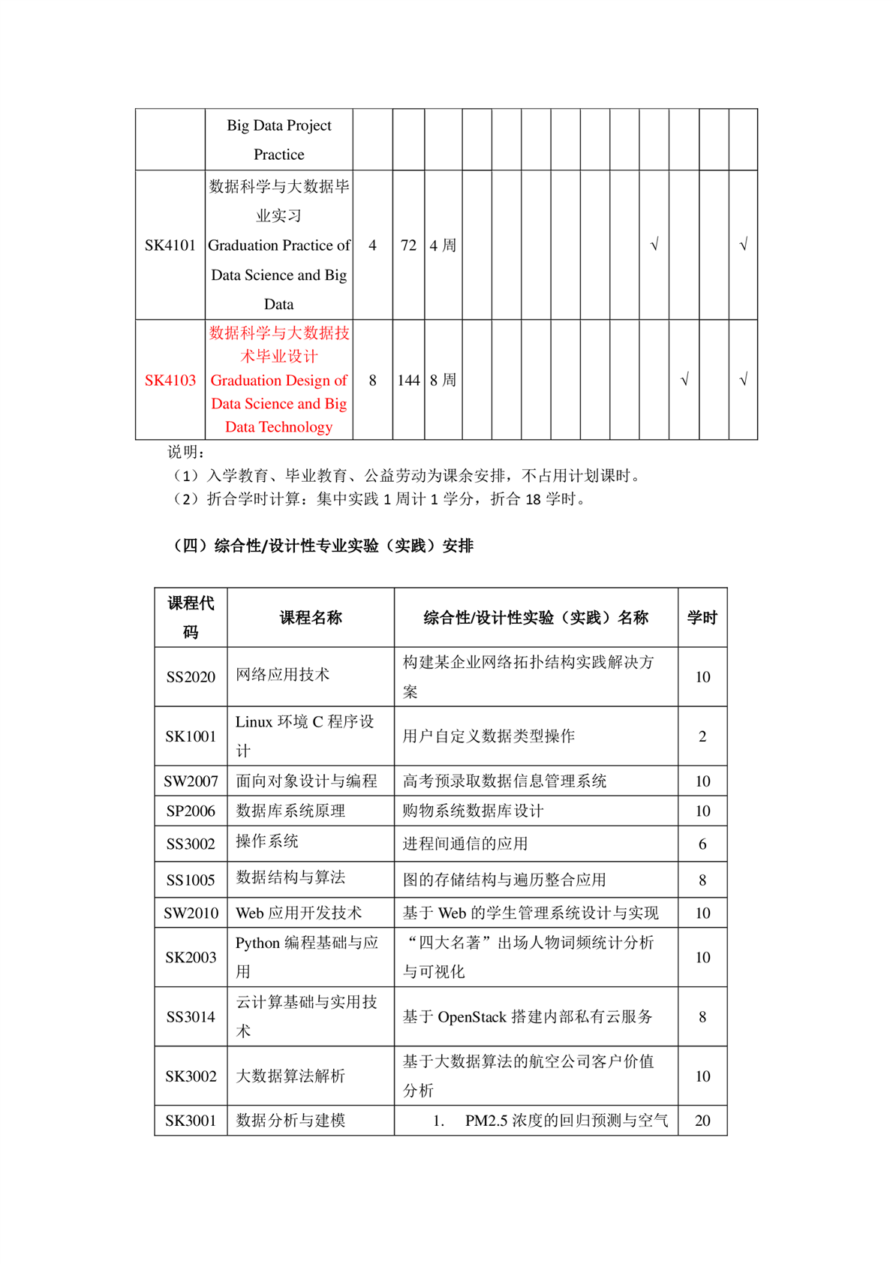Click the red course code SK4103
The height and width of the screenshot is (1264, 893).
(170, 381)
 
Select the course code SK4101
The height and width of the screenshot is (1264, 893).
(170, 245)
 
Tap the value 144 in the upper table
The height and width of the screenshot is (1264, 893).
(408, 381)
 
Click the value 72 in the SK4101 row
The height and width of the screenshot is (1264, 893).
(408, 245)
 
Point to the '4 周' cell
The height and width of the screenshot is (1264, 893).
(443, 245)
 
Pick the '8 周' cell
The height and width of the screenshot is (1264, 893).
(443, 381)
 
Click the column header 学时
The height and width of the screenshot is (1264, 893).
(702, 618)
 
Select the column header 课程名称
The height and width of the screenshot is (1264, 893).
(311, 618)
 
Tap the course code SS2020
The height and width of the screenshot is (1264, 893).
(191, 677)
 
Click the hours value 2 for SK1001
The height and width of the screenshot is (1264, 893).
(702, 736)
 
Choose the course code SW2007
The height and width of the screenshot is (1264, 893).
(191, 781)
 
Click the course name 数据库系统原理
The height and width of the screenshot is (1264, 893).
(290, 811)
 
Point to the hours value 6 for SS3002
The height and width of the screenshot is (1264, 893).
(702, 844)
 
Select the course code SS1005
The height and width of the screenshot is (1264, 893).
(191, 880)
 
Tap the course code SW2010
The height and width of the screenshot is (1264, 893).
(191, 913)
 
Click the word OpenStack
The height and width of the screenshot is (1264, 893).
(472, 1017)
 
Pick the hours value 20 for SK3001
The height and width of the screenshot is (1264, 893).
(702, 1121)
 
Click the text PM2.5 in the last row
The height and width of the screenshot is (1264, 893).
(486, 1121)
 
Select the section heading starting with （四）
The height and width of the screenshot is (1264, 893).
(323, 546)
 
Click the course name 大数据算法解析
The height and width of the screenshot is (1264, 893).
(290, 1076)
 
